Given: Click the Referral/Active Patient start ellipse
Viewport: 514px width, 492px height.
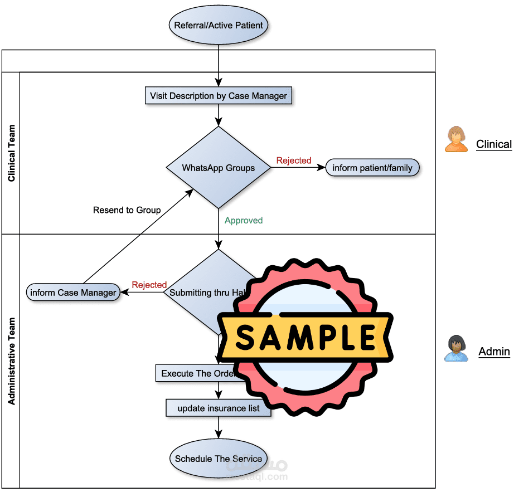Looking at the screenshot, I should point(219,25).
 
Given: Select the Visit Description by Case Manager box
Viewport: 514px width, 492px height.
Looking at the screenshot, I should point(219,96).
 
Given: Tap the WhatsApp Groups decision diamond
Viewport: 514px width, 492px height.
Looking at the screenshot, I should point(219,168).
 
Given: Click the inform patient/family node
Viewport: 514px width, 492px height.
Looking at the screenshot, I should point(372,168).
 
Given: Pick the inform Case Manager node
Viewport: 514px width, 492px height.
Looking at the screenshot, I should point(73,293).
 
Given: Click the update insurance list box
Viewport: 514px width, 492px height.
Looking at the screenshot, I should point(219,408).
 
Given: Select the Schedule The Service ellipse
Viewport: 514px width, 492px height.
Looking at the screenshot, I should point(219,459).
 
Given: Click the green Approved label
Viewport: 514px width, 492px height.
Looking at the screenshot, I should point(244,221).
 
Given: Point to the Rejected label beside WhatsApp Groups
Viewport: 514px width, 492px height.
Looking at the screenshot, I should point(294,160).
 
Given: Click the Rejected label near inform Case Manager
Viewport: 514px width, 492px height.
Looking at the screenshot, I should point(149,285).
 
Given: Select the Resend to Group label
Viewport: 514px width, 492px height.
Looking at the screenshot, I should point(127,210).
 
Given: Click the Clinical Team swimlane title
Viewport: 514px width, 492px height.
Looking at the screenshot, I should point(12,153).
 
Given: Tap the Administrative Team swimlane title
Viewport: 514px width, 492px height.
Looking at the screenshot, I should point(12,361).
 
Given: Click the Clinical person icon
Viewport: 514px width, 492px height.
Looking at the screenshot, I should point(456,139).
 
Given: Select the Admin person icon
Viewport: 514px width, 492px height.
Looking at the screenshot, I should point(456,348).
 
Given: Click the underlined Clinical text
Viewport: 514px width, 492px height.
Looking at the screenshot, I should point(493,144).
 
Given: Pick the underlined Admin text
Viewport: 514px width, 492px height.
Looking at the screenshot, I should point(494,351).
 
